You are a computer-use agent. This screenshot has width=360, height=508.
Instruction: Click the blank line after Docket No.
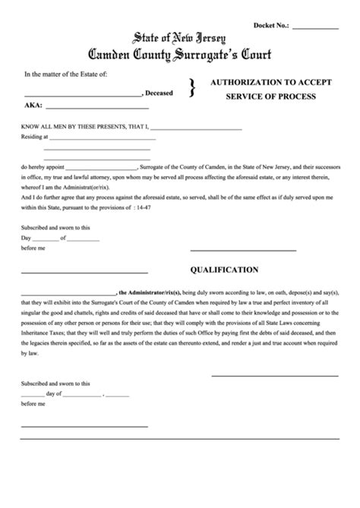click(x=315, y=27)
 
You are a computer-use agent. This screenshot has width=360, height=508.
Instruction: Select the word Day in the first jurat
click(x=27, y=237)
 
